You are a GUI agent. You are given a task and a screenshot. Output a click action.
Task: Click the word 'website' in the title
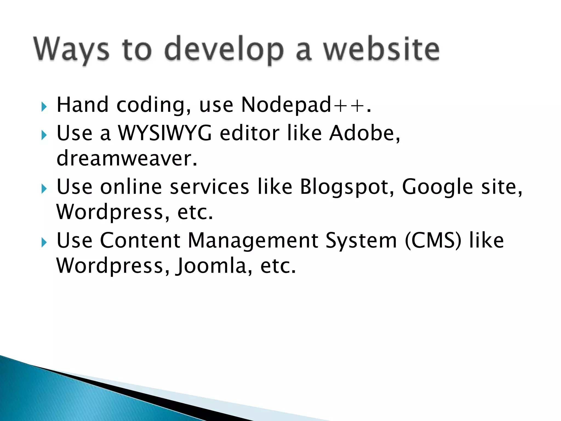382,49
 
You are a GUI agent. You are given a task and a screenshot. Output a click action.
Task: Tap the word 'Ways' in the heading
71,49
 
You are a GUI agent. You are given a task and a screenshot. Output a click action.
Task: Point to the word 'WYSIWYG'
165,133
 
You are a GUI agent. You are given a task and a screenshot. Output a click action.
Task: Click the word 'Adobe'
362,133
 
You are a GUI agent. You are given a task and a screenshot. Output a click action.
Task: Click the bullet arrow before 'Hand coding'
44,107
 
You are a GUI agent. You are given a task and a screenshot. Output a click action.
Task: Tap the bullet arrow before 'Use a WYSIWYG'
44,135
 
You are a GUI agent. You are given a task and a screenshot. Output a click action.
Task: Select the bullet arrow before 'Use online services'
44,189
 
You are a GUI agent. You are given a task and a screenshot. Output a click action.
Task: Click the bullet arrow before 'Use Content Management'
44,242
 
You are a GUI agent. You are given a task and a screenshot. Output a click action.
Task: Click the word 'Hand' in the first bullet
82,105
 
